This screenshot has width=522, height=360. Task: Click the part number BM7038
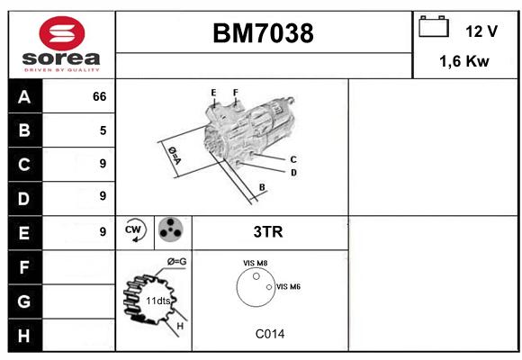[x=263, y=33]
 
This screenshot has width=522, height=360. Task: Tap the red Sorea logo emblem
[x=62, y=33]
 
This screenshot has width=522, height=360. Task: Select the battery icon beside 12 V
[x=434, y=26]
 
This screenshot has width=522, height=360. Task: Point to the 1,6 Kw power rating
[x=464, y=61]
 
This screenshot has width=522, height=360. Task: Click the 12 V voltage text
[x=481, y=31]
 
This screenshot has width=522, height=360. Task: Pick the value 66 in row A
[x=100, y=96]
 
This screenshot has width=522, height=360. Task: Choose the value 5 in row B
[x=103, y=130]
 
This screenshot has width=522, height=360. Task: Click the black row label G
[x=25, y=301]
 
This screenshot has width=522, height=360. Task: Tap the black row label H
[x=25, y=336]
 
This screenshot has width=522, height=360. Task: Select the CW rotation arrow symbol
[x=135, y=230]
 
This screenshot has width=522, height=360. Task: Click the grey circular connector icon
[x=170, y=229]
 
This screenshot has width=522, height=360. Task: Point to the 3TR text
[x=268, y=232]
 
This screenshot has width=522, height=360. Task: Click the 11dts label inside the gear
[x=158, y=301]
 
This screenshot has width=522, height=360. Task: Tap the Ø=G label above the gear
[x=176, y=262]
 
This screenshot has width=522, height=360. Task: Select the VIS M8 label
[x=256, y=263]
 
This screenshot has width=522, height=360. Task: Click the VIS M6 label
[x=288, y=286]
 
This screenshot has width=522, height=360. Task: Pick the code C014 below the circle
[x=270, y=334]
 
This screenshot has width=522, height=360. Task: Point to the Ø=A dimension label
[x=174, y=155]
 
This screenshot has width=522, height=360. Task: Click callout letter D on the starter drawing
[x=293, y=173]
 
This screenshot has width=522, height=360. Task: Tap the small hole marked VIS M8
[x=256, y=276]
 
